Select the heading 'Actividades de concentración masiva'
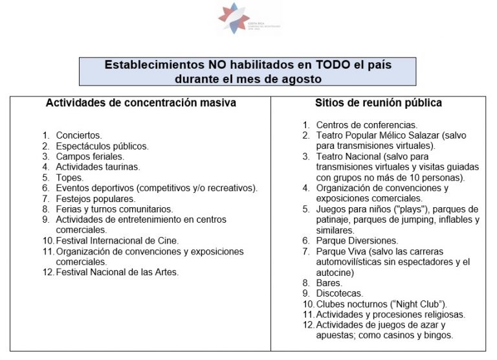(140, 103)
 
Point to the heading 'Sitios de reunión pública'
(379, 103)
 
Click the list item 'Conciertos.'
(79, 135)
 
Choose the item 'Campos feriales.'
(90, 156)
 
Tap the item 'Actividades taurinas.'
(98, 167)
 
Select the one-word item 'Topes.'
(70, 177)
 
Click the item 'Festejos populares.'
(96, 199)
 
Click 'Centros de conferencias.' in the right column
(366, 125)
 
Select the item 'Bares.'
(329, 283)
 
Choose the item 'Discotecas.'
(340, 293)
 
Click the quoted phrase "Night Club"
(420, 304)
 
